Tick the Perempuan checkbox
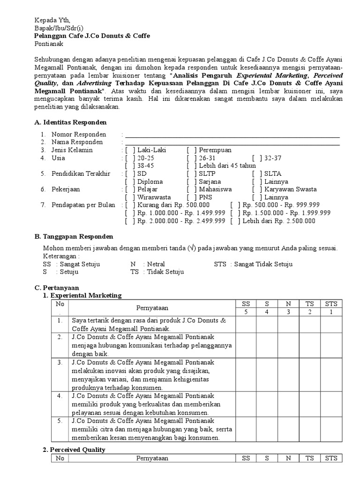coord(191,150)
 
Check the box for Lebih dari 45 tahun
coord(191,166)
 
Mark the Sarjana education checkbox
coord(191,181)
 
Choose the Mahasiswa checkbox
coord(191,189)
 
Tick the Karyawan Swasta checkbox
coord(257,189)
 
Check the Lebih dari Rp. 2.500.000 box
coord(235,221)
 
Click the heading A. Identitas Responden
coord(71,122)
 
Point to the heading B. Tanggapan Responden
coord(74,237)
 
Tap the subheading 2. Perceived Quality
coord(74,450)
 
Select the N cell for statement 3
coord(289,375)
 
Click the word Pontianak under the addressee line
coord(48,44)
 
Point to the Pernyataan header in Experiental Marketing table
coord(152,308)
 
